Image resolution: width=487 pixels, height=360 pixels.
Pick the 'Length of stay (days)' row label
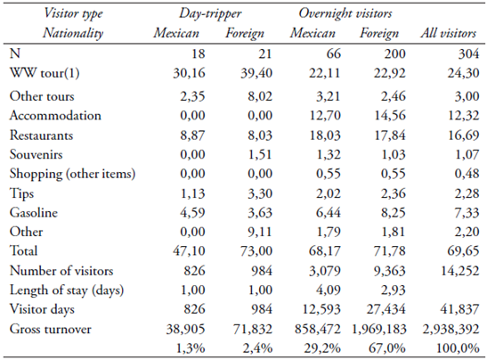pyautogui.click(x=69, y=289)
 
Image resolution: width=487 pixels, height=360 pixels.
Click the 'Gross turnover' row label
pyautogui.click(x=53, y=328)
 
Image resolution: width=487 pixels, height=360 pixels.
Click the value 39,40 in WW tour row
pyautogui.click(x=253, y=72)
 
